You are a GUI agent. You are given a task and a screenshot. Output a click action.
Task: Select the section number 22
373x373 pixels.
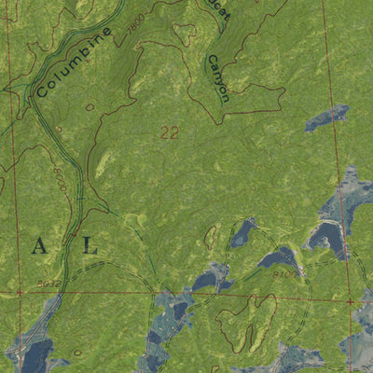pos(169,133)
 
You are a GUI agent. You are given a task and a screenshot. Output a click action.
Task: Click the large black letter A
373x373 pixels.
pos(39,246)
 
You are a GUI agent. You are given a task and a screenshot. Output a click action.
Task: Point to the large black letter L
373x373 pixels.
pos(89,246)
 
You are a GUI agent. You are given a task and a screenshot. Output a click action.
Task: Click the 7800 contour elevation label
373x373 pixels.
pos(139,25)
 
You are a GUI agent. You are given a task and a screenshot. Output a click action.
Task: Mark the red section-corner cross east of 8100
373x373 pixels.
pos(349,301)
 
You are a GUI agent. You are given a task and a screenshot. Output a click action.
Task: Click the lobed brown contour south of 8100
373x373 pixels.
pos(247,322)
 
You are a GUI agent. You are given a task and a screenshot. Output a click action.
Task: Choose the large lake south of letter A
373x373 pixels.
pos(37,354)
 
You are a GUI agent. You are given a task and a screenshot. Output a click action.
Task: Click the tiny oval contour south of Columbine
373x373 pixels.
pos(90,108)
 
